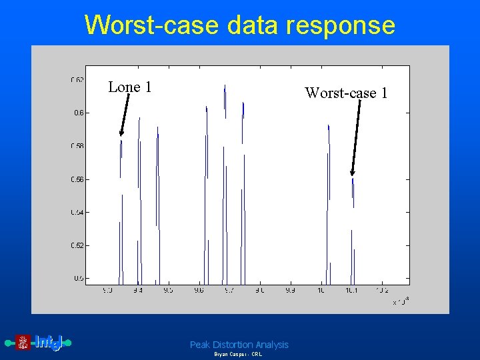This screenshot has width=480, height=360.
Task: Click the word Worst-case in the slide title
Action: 152,25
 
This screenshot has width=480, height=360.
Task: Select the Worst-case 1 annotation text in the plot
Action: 346,93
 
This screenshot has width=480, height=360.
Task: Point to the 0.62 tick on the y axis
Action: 77,80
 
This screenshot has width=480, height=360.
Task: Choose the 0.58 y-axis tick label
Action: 77,146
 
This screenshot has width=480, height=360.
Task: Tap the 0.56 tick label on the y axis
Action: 77,179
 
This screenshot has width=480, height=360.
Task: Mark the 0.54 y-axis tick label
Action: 77,213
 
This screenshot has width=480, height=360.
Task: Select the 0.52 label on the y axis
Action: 77,245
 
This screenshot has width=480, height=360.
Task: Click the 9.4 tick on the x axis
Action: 137,291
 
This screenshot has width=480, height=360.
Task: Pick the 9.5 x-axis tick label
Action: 168,291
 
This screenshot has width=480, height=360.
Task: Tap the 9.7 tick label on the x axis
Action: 229,291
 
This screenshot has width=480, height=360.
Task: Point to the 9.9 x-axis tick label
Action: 290,291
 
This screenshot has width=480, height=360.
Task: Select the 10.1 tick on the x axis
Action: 351,291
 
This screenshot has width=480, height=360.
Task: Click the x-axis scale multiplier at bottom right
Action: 401,302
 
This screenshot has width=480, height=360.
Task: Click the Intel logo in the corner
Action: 39,343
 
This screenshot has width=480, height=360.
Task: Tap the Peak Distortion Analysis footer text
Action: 239,345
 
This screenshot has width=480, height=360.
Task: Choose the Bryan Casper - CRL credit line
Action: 238,355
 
